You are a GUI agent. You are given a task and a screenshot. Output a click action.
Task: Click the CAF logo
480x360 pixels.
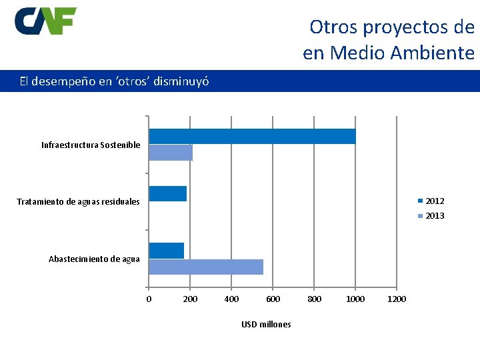coord(45,21)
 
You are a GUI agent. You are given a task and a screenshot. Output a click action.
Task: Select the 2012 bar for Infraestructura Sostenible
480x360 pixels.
coord(252,136)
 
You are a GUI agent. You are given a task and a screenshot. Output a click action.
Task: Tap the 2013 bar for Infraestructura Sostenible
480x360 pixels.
coord(171,153)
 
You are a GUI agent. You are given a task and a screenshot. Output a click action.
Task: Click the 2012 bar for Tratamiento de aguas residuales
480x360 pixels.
coord(167,193)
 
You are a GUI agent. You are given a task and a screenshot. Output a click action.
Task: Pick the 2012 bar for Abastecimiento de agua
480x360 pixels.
coord(166,251)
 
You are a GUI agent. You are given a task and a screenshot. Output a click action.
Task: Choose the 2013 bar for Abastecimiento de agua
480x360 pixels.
coord(205,267)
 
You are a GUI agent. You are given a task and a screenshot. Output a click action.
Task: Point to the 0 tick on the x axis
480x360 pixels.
coord(149,299)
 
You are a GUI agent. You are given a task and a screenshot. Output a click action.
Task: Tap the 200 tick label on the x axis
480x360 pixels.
coord(190,299)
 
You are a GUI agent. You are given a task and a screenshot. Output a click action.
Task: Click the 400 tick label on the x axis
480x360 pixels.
coord(231,299)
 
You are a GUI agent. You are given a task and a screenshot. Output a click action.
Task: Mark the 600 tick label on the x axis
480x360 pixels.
coord(273,299)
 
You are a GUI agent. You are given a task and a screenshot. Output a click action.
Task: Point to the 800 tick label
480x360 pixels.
coord(314,299)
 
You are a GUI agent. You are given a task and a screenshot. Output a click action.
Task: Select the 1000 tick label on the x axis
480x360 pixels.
coord(355,299)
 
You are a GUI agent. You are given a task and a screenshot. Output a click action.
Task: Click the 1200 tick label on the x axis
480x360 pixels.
coord(397,299)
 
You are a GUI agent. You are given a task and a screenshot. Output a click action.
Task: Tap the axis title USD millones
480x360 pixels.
coord(266,324)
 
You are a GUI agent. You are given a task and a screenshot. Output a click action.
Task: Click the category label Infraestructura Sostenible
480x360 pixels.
coord(91,145)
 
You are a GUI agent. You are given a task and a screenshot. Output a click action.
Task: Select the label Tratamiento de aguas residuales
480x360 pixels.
coord(78,201)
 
